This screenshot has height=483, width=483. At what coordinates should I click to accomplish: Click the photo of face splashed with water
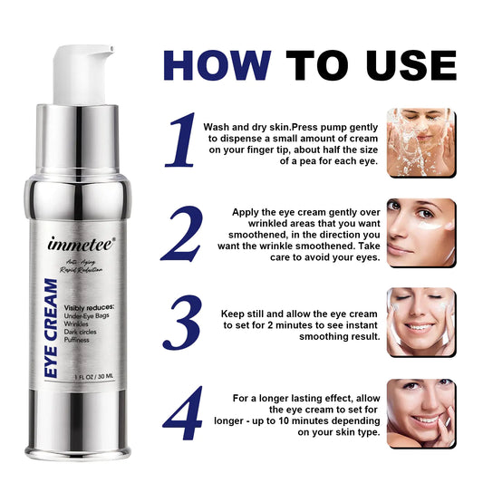click(x=420, y=142)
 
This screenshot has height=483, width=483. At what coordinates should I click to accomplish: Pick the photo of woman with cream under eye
click(x=420, y=233)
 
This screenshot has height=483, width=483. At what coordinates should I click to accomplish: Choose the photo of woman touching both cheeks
click(x=420, y=323)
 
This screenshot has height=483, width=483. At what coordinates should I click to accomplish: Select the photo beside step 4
click(x=420, y=413)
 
